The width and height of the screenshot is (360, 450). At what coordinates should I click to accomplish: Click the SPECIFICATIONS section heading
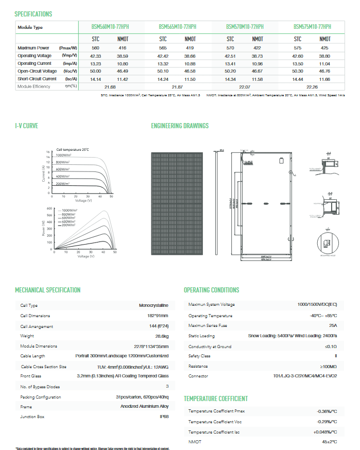[x=33, y=14]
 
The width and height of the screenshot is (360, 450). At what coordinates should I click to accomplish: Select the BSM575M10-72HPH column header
[x=312, y=27]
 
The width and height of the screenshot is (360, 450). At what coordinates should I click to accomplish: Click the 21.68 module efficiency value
[x=110, y=86]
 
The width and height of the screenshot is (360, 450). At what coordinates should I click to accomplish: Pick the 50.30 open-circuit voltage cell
[x=298, y=71]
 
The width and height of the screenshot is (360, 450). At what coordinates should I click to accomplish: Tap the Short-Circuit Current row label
[x=37, y=79]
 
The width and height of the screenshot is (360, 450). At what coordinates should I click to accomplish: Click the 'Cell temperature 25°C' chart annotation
[x=73, y=149]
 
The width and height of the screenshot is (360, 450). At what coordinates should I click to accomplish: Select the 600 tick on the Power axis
[x=50, y=209]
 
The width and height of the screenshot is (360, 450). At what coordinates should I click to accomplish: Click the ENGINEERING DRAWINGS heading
[x=180, y=126]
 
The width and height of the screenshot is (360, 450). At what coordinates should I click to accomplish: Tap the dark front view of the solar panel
[x=177, y=203]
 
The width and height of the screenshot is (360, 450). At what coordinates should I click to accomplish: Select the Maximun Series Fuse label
[x=207, y=325]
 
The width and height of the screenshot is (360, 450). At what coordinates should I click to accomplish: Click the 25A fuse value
[x=333, y=325]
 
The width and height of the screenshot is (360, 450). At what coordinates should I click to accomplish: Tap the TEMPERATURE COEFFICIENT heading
[x=216, y=399]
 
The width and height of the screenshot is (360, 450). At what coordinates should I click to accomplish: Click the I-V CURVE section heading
[x=27, y=126]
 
